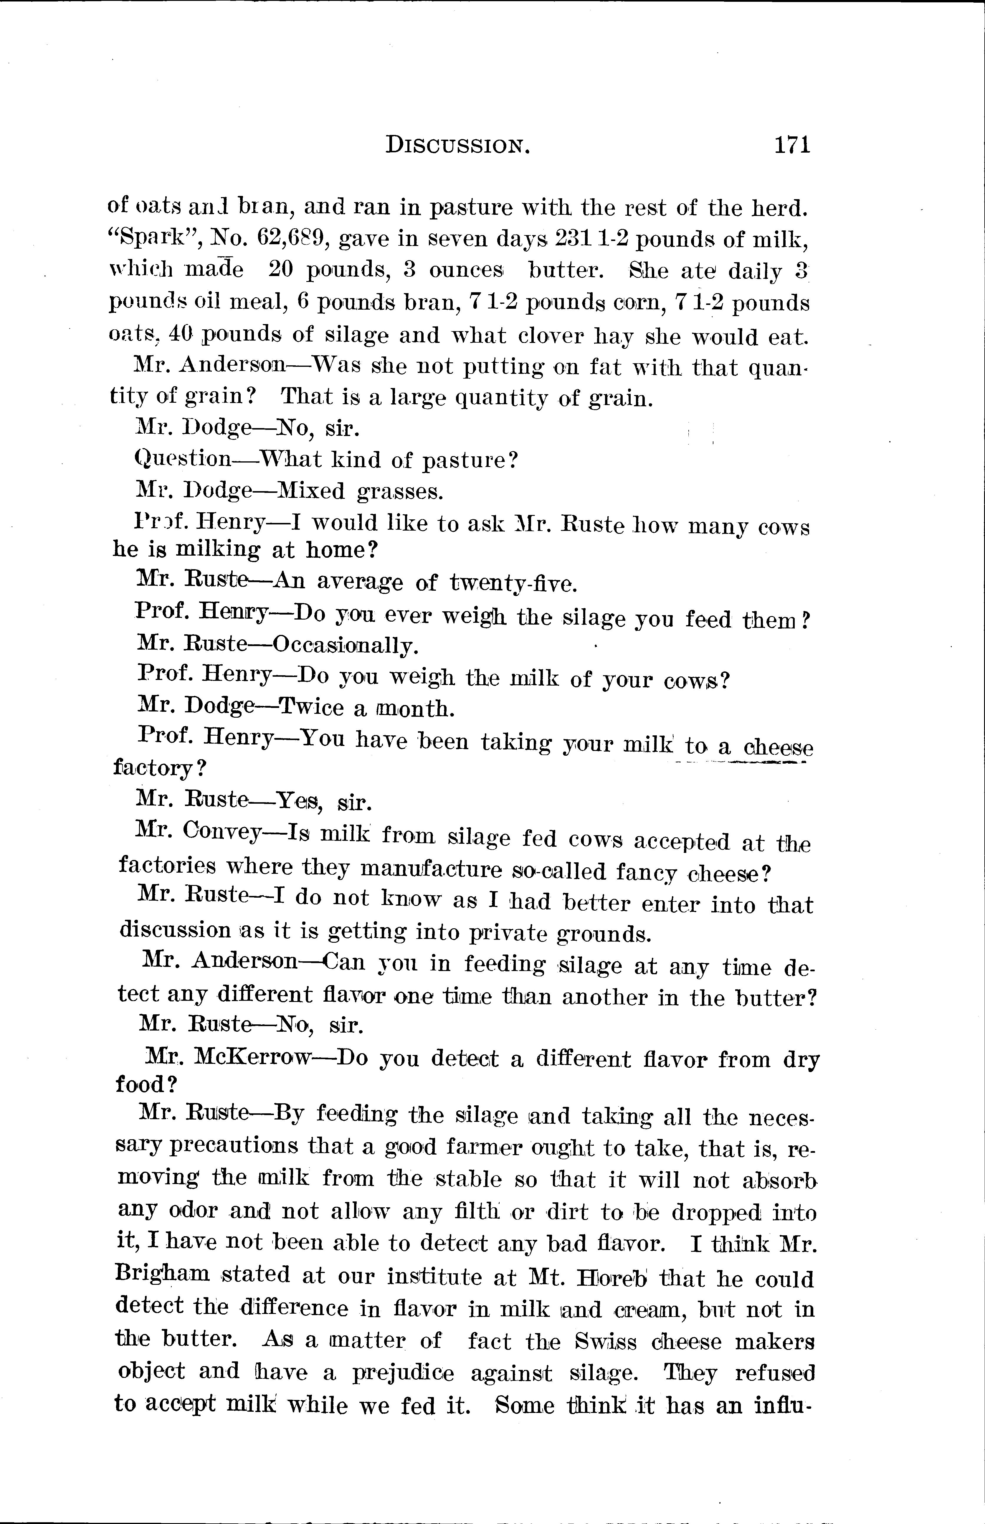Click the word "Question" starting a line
(x=184, y=459)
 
